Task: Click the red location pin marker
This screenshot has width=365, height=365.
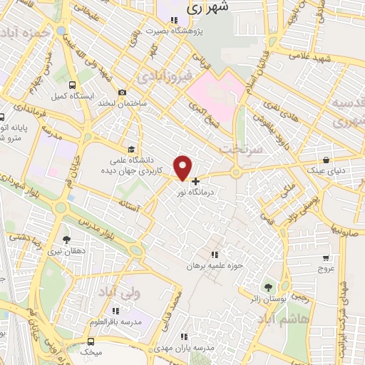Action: tap(183, 168)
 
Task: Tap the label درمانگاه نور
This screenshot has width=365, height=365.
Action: tap(215, 192)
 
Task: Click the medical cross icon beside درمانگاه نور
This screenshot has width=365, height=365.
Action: tap(196, 181)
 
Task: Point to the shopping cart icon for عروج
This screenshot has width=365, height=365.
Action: tap(326, 258)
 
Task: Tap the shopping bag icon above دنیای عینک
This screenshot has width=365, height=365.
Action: tap(326, 160)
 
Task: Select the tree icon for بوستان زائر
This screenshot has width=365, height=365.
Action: tap(267, 287)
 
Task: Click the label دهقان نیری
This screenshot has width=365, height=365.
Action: tap(66, 252)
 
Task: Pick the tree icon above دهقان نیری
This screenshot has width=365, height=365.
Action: tap(67, 240)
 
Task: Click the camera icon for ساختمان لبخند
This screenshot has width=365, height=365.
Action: tap(122, 92)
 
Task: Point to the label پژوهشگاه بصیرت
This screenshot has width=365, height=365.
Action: tap(174, 31)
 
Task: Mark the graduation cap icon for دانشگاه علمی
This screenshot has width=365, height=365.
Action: tap(130, 149)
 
